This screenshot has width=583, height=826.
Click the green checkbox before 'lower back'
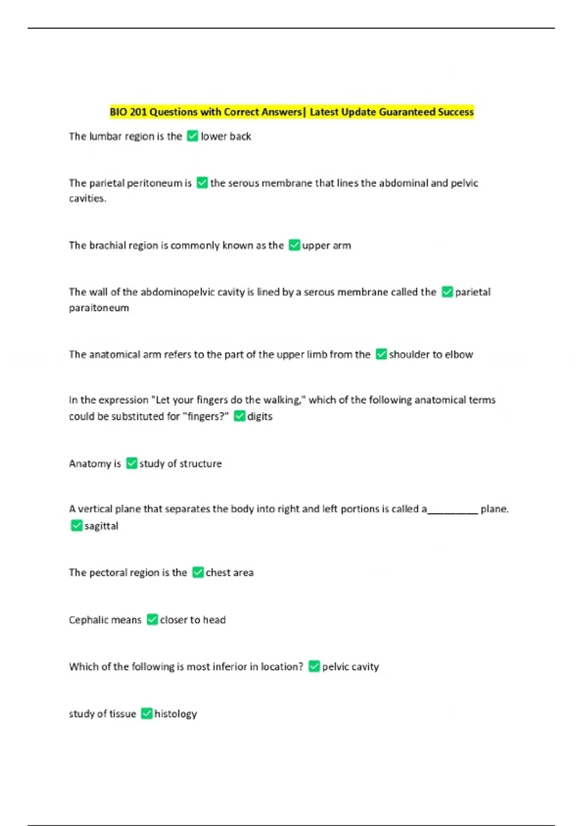[x=192, y=136]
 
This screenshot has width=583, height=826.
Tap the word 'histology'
[x=175, y=714]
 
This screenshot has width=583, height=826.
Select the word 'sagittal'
[x=101, y=526]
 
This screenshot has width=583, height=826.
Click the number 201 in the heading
[x=138, y=112]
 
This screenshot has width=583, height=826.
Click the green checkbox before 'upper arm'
[x=294, y=245]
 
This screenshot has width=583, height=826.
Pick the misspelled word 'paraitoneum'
[x=99, y=308]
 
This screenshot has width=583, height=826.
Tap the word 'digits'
[x=260, y=416]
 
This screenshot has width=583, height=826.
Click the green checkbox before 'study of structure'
[x=132, y=463]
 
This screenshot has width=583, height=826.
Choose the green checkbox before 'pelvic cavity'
[x=314, y=666]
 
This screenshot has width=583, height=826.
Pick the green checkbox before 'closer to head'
[x=152, y=619]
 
